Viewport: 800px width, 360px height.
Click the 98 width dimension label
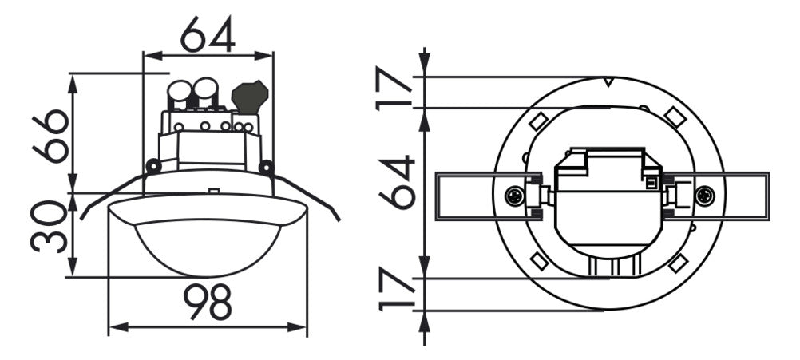(208, 302)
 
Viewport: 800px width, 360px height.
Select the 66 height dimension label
(50, 136)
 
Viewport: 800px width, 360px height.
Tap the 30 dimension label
(49, 227)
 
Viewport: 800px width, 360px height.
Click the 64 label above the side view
(208, 34)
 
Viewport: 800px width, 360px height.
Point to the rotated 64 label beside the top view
(397, 182)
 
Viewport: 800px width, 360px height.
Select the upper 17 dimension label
(394, 89)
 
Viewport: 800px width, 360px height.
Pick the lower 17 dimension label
(396, 291)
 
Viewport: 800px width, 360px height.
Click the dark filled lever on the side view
(249, 97)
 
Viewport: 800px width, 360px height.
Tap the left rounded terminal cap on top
(179, 93)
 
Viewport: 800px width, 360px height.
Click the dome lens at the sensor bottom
(208, 248)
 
